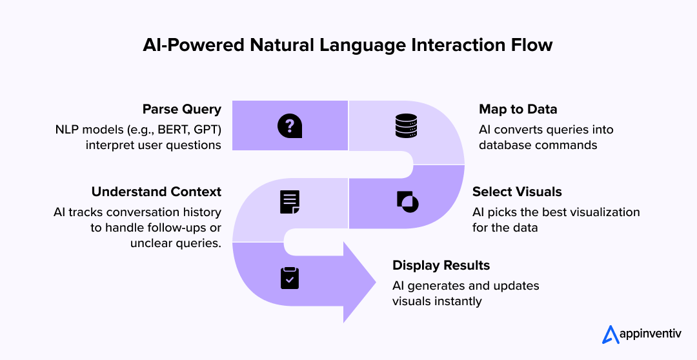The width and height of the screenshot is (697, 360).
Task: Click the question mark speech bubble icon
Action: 290,126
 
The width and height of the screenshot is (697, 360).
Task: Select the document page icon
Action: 290,202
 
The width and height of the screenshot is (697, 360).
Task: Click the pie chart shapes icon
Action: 407,202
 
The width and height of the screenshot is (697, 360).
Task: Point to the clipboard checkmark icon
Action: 290,277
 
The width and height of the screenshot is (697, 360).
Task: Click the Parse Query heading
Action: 181,109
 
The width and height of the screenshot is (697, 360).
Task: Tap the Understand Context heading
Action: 156,192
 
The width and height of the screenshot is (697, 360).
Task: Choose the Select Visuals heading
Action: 517,192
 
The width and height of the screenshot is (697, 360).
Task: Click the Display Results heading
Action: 441,265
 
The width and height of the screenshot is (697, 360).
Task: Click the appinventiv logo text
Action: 652,335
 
